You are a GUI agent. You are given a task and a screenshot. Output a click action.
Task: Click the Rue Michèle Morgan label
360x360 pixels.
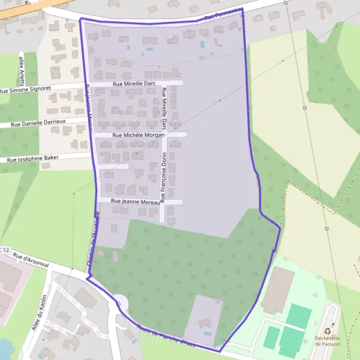138,135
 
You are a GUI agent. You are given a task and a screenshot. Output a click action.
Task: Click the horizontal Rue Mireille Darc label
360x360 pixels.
133,84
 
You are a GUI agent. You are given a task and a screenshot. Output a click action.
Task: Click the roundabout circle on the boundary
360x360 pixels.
120,301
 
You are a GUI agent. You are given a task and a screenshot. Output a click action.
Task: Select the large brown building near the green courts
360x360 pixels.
278,290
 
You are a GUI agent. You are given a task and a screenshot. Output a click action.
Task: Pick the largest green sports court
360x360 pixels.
299,316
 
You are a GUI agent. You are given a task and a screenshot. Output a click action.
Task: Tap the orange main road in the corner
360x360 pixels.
24,5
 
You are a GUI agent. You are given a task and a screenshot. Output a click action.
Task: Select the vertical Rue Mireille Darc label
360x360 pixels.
163,108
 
